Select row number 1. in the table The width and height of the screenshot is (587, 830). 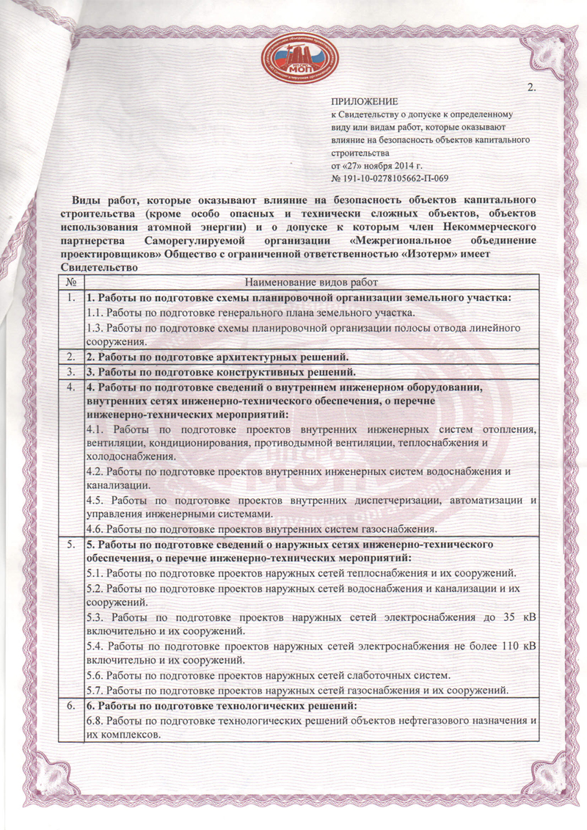(69, 298)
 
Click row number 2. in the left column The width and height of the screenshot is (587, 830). (69, 357)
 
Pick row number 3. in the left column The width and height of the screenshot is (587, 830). (69, 371)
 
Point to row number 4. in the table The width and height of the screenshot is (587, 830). (69, 387)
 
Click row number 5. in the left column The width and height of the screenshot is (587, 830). (69, 545)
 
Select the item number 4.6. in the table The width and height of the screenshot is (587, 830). (96, 528)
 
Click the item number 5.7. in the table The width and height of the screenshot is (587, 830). (96, 690)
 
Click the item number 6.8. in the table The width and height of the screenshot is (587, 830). (96, 721)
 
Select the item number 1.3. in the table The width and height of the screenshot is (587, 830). (96, 329)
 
